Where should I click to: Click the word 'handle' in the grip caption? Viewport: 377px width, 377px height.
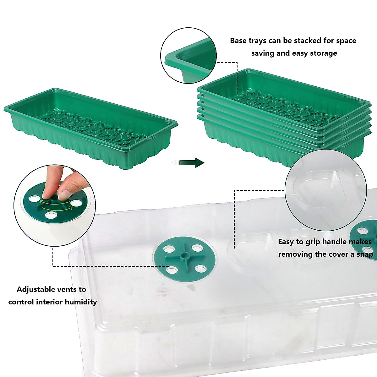point(329,242)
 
